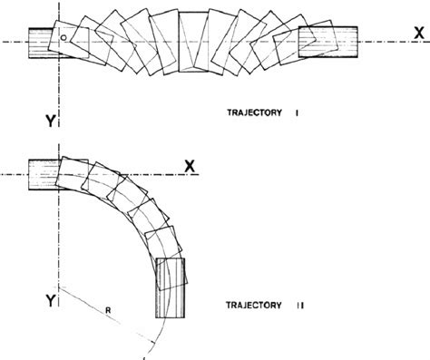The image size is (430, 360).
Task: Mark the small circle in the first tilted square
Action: click(64, 37)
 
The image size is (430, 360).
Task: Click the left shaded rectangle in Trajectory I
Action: click(42, 42)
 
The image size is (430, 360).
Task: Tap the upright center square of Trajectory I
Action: click(194, 43)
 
